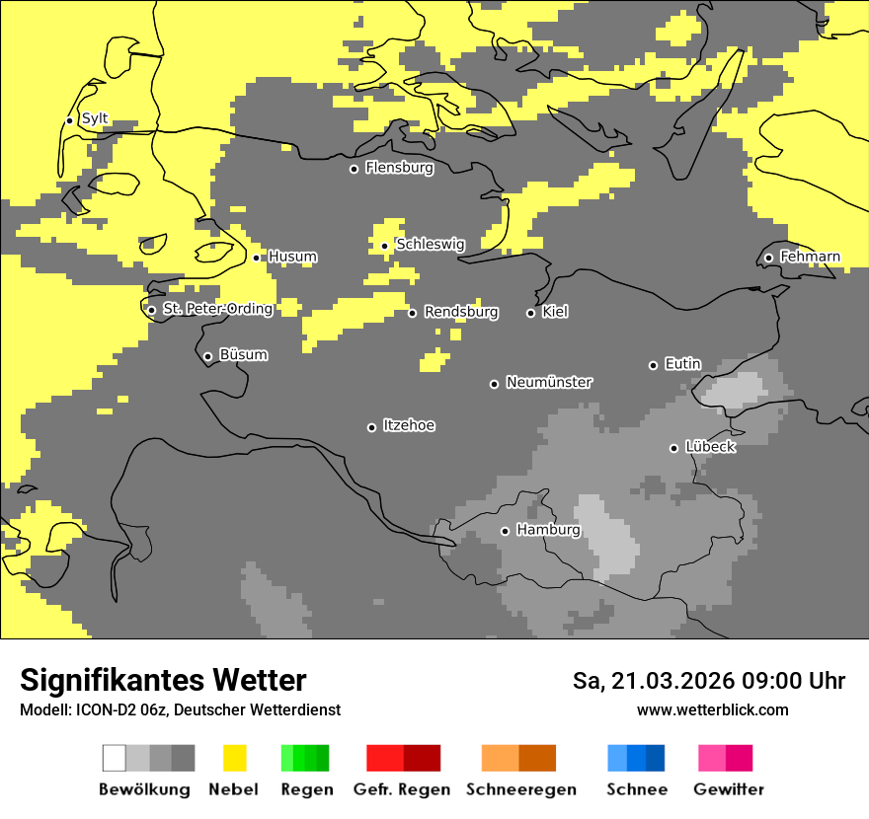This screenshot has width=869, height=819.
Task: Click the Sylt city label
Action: [95, 119]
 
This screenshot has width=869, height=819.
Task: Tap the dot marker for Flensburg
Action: [354, 169]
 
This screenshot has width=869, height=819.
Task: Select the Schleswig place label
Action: [430, 245]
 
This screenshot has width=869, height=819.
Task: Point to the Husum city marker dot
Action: [257, 258]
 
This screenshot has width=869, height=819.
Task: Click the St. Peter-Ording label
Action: [217, 309]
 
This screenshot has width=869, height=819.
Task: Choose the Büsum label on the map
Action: [243, 355]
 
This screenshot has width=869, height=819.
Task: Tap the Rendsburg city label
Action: [461, 312]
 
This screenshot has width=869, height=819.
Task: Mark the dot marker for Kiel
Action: [530, 313]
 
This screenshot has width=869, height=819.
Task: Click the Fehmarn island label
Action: [810, 257]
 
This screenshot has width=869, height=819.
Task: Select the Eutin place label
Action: [682, 364]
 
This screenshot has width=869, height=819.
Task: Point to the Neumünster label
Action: [549, 382]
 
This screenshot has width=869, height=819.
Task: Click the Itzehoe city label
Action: [409, 425]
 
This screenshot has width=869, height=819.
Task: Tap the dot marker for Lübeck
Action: [673, 448]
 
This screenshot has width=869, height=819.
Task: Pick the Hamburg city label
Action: [548, 530]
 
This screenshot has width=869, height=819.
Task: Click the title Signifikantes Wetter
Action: [163, 680]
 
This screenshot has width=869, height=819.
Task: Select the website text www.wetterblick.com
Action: [712, 709]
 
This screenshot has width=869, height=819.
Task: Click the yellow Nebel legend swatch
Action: [234, 758]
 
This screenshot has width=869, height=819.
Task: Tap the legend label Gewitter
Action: [728, 789]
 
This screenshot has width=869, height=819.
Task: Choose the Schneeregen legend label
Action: [520, 789]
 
